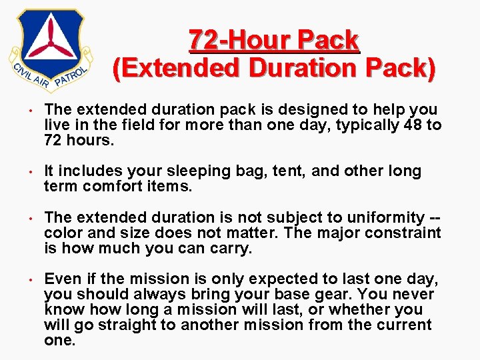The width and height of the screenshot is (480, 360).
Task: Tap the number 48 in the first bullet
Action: point(413,125)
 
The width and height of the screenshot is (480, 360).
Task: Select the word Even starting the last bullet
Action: point(61,279)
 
